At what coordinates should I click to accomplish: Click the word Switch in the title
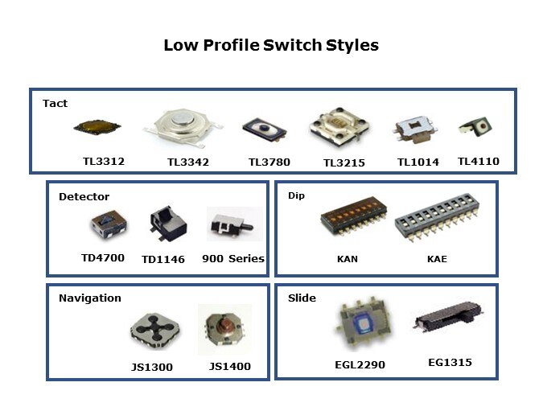pos(292,45)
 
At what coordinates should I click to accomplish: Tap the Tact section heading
pos(55,103)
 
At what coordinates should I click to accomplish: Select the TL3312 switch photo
pos(97,127)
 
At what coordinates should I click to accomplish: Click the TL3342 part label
pos(188,162)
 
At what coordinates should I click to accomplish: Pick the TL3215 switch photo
pos(339,126)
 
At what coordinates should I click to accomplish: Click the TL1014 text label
pos(418,162)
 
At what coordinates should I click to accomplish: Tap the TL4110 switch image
pos(475,127)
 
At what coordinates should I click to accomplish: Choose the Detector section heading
pos(84,197)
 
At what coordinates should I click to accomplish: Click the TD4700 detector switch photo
pos(109,224)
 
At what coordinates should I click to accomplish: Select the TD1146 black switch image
pos(168,224)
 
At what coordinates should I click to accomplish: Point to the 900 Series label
pos(233,259)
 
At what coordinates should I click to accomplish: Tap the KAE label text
pos(437,259)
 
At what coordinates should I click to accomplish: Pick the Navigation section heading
pos(90,298)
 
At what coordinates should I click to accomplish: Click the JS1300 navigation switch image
pos(154,330)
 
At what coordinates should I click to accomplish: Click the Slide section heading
pos(302,298)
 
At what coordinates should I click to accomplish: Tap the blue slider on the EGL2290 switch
pos(363,325)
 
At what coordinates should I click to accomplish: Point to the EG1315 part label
pos(450,363)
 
